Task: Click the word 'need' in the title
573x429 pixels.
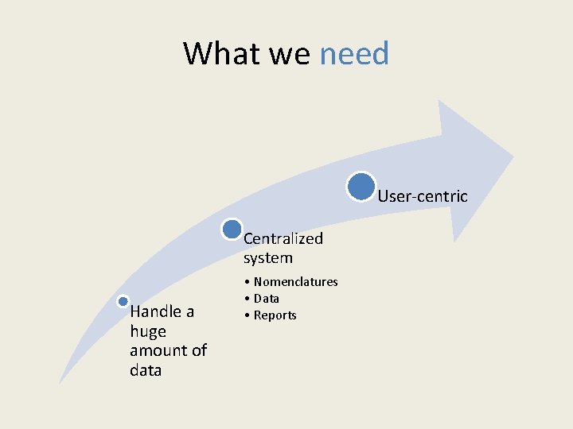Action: (x=354, y=54)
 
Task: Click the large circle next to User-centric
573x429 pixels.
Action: (x=361, y=186)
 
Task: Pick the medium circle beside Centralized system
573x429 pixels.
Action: (x=232, y=230)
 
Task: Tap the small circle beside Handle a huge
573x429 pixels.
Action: (x=123, y=301)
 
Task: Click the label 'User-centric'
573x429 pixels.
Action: (x=423, y=196)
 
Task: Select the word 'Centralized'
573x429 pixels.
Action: (x=283, y=238)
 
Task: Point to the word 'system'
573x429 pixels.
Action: (x=268, y=258)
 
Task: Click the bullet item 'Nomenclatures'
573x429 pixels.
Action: (x=295, y=282)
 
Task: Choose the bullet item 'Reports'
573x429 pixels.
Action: (x=275, y=315)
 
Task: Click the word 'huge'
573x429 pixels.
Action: (x=148, y=331)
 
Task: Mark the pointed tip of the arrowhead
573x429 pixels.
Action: (x=513, y=156)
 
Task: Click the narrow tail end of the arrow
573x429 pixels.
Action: (x=61, y=382)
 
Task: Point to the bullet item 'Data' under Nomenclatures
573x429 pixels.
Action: (x=266, y=299)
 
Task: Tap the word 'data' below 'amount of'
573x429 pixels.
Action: (x=146, y=370)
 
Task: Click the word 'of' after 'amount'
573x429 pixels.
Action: (x=199, y=350)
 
